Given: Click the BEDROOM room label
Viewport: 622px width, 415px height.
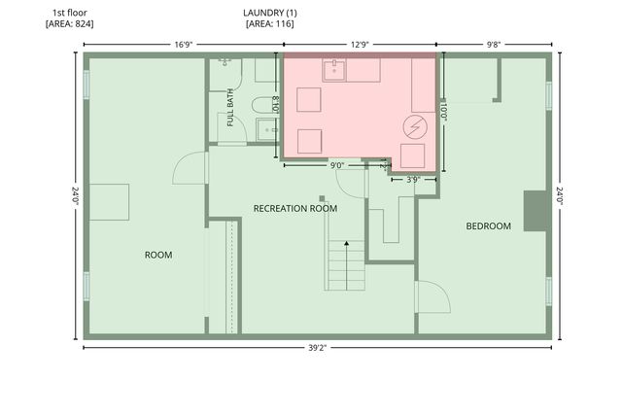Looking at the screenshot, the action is tap(488, 226).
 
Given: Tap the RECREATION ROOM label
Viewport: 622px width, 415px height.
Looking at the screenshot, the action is tap(295, 208).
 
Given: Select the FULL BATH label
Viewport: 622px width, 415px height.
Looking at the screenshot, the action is tap(230, 108).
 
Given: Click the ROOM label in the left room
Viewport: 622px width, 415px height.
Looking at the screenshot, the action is tap(158, 255).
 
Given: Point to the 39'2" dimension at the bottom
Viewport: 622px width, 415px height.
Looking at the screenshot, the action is tap(318, 348).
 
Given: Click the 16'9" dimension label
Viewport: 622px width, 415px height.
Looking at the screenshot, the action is tap(184, 45).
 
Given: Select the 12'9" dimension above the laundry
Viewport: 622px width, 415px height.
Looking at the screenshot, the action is tap(360, 45).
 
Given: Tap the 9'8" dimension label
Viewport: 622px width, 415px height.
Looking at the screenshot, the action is tap(494, 45).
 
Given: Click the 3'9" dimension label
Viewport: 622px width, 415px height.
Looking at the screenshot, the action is tap(413, 180).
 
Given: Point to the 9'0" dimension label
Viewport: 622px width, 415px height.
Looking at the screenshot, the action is tap(337, 165).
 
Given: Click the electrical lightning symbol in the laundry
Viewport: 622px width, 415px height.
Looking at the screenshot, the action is tap(415, 127).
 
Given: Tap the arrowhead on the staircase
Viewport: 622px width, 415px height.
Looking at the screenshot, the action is tap(346, 243).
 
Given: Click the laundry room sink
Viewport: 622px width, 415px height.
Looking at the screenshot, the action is tap(334, 70).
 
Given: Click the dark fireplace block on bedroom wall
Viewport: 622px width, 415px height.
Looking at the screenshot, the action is tap(536, 211).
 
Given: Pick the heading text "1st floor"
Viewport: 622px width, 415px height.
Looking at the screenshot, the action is tap(70, 13).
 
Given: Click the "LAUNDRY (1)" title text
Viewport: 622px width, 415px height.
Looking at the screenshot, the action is tap(270, 13).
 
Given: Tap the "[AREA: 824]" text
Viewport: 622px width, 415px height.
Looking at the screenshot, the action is tap(70, 23).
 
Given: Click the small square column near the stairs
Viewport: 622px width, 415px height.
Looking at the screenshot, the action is tap(322, 198).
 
